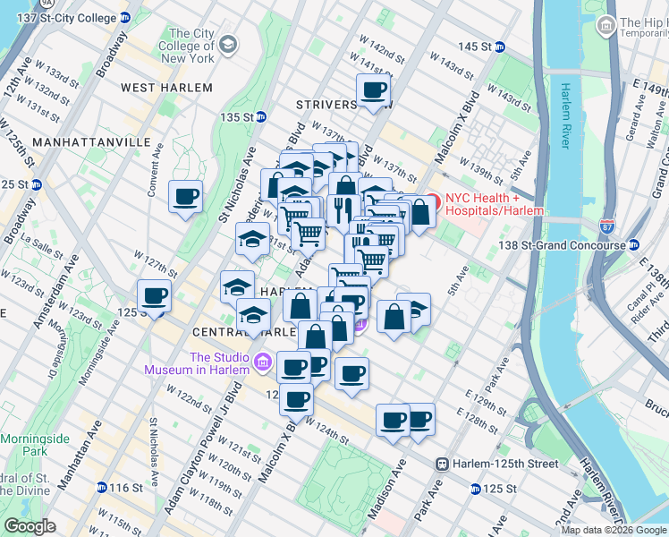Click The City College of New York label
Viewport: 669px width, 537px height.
[186, 46]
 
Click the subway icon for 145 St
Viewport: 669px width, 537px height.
[500, 47]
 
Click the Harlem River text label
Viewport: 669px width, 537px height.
[565, 115]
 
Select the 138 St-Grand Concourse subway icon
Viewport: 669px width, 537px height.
[633, 244]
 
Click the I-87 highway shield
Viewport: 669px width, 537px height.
[608, 226]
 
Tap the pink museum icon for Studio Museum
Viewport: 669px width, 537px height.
[261, 362]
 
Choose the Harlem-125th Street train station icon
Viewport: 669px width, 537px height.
[442, 464]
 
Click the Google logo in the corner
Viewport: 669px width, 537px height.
[30, 526]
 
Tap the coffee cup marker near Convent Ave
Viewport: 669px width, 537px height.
[185, 197]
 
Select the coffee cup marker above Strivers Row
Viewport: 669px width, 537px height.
[373, 89]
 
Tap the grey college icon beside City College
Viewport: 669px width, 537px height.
[228, 44]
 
